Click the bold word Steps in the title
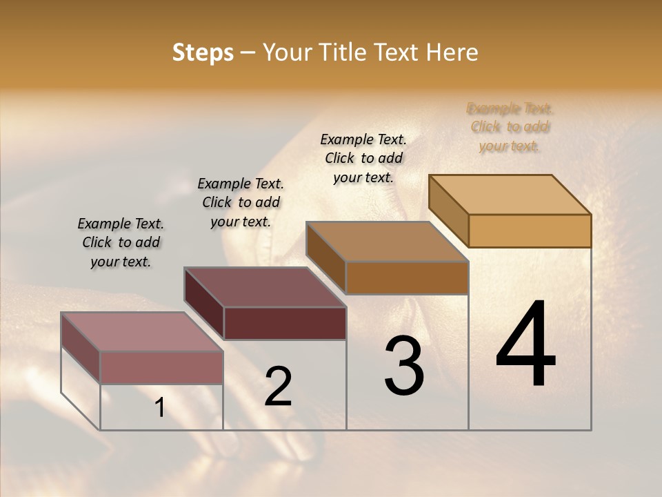click(203, 52)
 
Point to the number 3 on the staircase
click(404, 366)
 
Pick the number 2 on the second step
click(278, 387)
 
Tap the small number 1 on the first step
click(159, 408)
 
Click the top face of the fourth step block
click(510, 195)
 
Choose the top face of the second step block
click(265, 287)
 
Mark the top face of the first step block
click(142, 332)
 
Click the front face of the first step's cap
click(161, 367)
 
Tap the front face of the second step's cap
click(285, 323)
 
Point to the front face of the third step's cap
click(407, 277)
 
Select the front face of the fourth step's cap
click(530, 231)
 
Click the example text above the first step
click(121, 243)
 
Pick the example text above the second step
click(241, 202)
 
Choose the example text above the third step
click(363, 158)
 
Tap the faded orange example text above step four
click(510, 127)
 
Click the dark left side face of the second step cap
click(204, 304)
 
